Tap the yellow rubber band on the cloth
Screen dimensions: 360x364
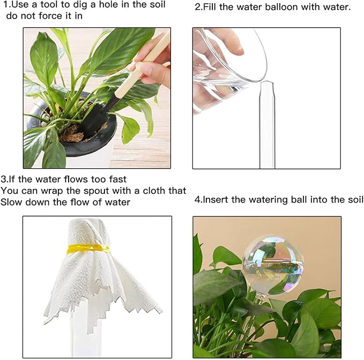click(x=88, y=249)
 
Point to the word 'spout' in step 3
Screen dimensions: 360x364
click(x=98, y=191)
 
